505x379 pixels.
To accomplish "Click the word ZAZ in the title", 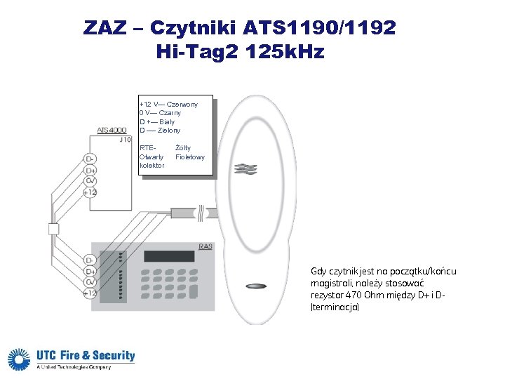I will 105,28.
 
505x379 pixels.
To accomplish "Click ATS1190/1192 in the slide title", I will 320,28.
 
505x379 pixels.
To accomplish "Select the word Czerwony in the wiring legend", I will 182,105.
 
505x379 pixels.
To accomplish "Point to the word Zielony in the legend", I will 170,131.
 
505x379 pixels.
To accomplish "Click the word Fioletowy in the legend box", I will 190,157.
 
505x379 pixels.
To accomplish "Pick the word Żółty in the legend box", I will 183,148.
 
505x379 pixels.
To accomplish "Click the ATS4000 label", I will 112,131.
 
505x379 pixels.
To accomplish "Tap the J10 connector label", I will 125,140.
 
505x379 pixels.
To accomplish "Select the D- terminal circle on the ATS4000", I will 90,159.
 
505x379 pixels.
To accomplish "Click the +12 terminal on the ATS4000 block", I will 90,192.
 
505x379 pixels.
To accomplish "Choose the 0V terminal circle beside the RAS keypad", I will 90,282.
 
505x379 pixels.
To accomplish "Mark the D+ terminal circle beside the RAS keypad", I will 90,272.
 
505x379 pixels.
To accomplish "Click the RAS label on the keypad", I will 205,246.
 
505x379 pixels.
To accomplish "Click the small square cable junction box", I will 53,228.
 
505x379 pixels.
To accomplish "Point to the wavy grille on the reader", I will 247,169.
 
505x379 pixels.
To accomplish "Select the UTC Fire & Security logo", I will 71,359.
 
